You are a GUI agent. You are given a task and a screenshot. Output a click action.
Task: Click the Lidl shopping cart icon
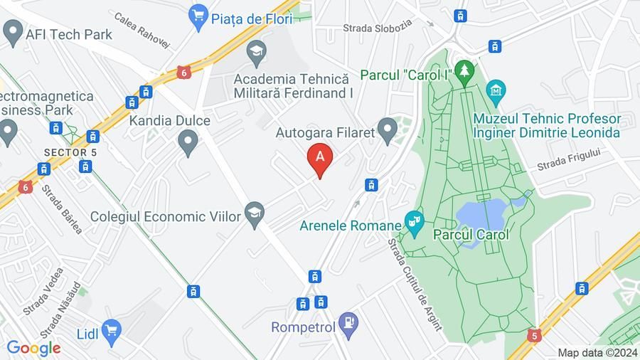coord(110,329)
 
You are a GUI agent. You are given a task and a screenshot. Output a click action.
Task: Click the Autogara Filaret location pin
coord(388,130)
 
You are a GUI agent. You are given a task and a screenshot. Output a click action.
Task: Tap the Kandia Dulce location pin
coord(188,142)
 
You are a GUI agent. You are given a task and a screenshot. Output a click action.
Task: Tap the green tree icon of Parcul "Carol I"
coord(465,70)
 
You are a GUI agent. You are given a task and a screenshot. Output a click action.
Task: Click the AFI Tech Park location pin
coord(12,31)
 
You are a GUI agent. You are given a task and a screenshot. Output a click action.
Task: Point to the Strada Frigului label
coord(569,159)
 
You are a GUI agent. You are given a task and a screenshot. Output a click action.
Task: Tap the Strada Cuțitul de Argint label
coord(414,283)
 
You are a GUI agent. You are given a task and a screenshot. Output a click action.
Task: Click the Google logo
coord(33,348)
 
